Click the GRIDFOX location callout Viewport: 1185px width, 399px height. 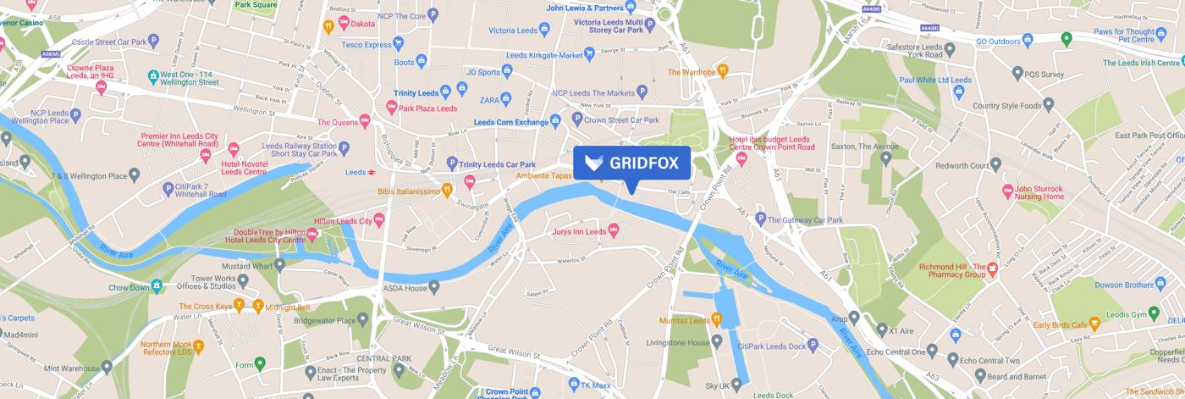(x=631, y=163)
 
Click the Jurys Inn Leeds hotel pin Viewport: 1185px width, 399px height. (x=615, y=230)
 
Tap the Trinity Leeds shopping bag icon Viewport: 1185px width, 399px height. (x=462, y=88)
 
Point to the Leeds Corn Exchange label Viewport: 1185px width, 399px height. (x=510, y=122)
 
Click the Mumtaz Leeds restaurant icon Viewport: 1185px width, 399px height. (x=716, y=320)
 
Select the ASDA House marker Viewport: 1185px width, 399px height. (x=434, y=288)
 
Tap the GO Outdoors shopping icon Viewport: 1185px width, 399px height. (x=1028, y=40)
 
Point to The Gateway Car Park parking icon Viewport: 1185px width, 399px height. (x=761, y=219)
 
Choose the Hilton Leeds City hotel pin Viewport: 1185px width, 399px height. (x=379, y=220)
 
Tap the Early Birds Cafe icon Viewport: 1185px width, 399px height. (x=1094, y=323)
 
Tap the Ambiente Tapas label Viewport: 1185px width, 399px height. (x=545, y=175)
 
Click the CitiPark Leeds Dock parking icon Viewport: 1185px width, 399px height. (x=813, y=344)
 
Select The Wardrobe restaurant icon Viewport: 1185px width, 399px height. (x=722, y=71)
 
